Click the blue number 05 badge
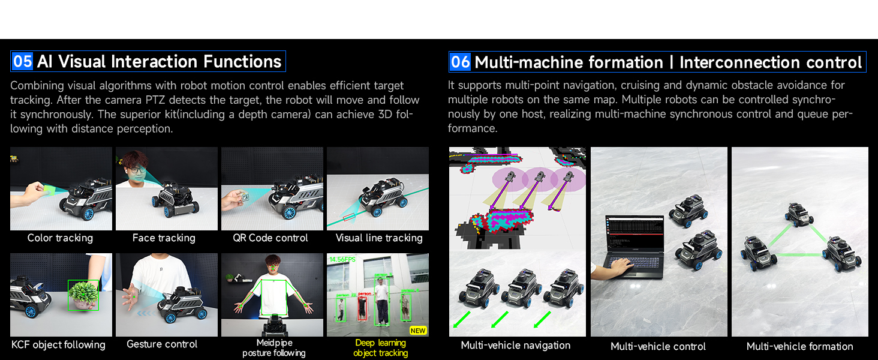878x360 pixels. click(22, 62)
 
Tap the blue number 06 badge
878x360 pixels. click(460, 62)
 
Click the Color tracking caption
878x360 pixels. click(60, 238)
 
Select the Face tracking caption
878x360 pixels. click(164, 238)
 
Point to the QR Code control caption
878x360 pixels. click(270, 238)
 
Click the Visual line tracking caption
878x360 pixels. click(379, 238)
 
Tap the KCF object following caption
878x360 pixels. click(58, 345)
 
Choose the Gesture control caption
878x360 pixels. click(162, 344)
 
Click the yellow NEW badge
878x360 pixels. click(418, 331)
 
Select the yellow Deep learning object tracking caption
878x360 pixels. click(380, 348)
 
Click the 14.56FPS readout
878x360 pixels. click(342, 259)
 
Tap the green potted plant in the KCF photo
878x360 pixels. click(83, 295)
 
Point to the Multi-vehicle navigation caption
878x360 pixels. click(515, 346)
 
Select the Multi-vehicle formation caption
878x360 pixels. click(799, 347)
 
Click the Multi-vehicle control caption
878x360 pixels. click(658, 347)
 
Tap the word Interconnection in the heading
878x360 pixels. click(739, 62)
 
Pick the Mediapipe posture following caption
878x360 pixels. click(274, 348)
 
